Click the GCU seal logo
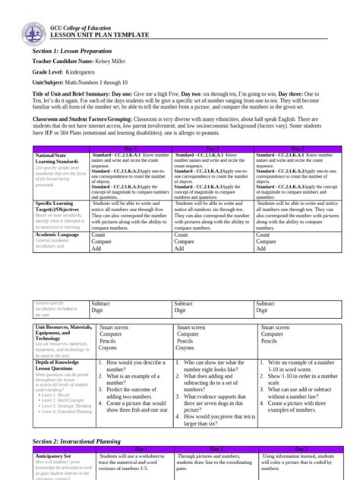click(x=30, y=24)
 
